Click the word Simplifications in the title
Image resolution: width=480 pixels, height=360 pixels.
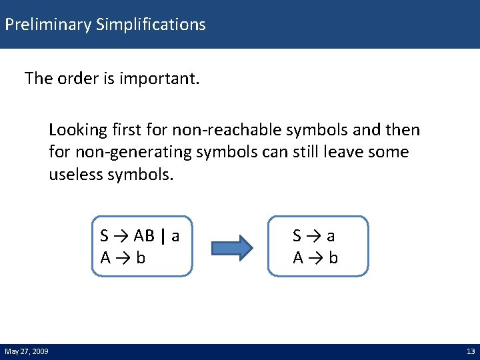click(x=151, y=25)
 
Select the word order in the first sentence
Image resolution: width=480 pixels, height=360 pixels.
click(x=73, y=79)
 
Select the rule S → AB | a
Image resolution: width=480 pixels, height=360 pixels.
click(x=139, y=236)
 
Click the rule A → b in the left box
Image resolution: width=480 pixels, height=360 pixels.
click(x=123, y=257)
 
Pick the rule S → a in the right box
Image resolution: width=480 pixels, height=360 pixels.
click(x=314, y=236)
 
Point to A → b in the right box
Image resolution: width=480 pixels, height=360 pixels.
click(x=315, y=257)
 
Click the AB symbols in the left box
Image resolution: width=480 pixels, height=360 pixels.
click(x=145, y=236)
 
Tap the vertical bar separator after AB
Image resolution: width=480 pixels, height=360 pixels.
click(x=162, y=236)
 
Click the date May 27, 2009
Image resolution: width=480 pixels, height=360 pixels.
click(x=26, y=351)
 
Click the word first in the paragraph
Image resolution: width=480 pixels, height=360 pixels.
click(x=137, y=129)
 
